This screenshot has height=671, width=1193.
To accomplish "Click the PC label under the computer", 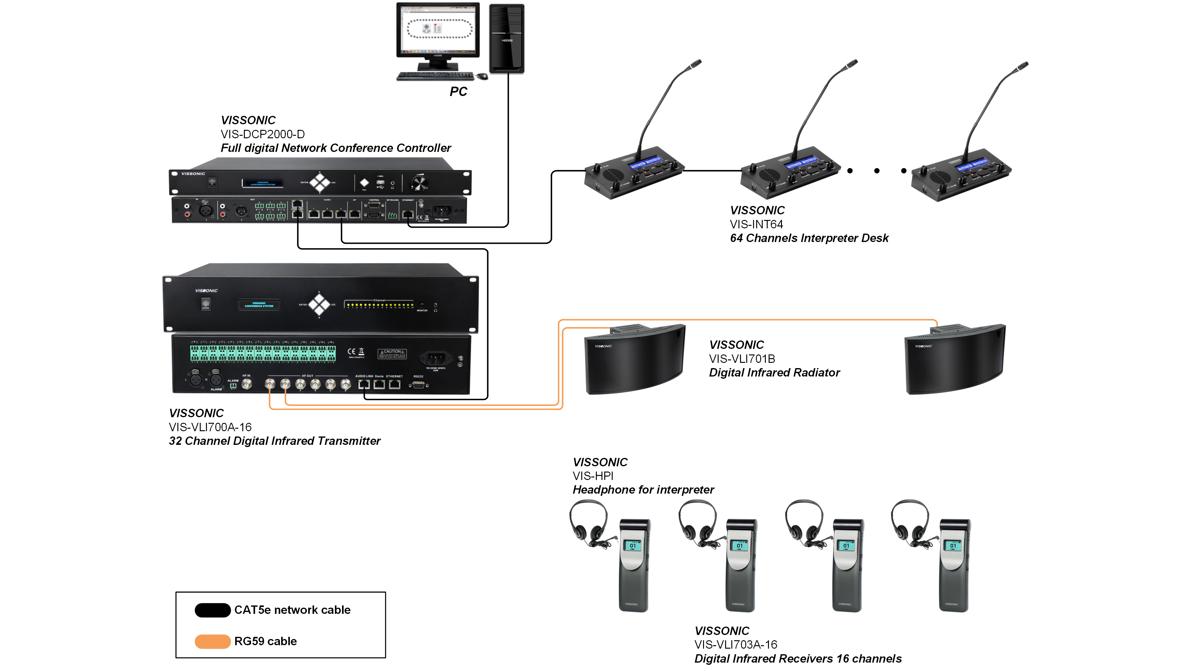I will pos(458,91).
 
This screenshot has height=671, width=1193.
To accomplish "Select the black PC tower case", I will pos(507,39).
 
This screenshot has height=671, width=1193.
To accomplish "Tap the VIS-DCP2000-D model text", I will pos(263,134).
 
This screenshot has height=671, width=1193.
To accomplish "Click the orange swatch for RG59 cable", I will pos(213,641).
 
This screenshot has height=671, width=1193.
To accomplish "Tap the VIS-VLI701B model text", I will pos(742,359).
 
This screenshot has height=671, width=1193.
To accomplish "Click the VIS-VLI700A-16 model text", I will pos(210,427).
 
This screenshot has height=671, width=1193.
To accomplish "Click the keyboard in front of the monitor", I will pos(435,75).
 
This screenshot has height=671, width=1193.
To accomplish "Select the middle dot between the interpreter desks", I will pos(877,171).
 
